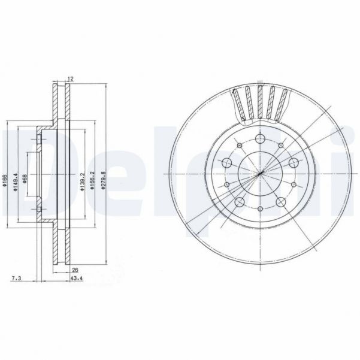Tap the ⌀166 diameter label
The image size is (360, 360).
tap(5, 178)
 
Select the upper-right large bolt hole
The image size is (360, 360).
tap(294, 163)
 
